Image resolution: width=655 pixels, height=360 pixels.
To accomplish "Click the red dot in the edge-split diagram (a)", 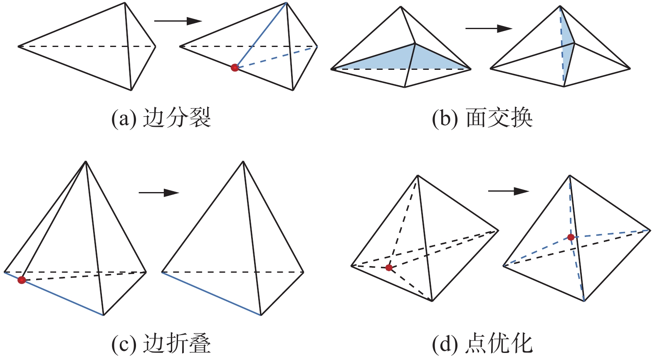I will (x=235, y=67).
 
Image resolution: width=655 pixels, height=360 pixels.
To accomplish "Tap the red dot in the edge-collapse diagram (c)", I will (x=22, y=280).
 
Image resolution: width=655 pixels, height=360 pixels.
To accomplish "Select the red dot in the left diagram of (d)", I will (x=389, y=268).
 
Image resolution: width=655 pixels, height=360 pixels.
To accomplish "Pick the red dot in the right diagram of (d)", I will (x=571, y=237).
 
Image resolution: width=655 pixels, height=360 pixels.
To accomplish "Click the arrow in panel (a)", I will (x=178, y=21).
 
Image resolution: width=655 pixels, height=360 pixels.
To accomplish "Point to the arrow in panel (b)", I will (x=489, y=29).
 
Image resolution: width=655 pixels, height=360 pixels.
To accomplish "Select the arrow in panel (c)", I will (x=159, y=193).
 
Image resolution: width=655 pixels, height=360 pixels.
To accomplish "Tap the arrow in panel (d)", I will (x=508, y=191).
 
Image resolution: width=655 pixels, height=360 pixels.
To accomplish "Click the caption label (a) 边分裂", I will (x=161, y=118).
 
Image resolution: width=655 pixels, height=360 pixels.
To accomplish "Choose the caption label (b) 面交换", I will (x=482, y=118).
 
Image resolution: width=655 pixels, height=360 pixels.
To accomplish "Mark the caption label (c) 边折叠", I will (x=161, y=344).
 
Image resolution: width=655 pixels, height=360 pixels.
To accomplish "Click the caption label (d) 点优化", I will (x=482, y=344).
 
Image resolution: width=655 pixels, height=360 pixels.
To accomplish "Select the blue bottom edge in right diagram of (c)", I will (x=211, y=294).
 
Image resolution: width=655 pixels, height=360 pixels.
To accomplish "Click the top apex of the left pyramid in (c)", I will (x=86, y=161).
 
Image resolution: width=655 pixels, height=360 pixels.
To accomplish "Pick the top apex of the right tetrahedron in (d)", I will (x=569, y=176).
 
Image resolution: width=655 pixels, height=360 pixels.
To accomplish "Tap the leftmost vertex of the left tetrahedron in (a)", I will (x=18, y=46).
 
